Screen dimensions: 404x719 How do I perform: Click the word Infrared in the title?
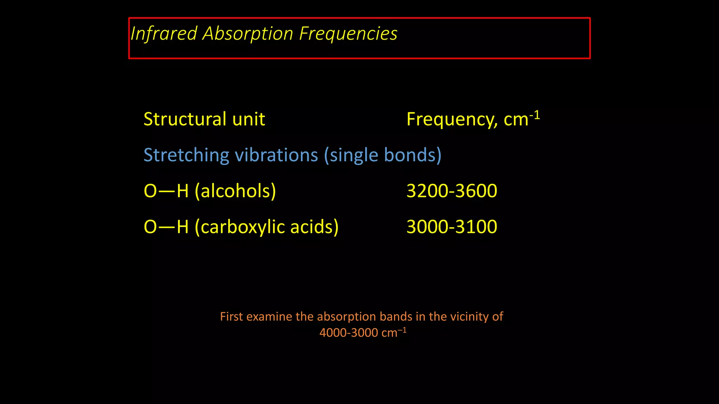point(164,34)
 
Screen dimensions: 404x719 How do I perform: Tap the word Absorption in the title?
point(248,34)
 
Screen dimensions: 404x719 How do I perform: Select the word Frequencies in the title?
point(348,34)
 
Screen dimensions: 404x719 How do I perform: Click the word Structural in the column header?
point(185,119)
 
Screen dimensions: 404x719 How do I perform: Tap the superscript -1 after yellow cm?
point(535,115)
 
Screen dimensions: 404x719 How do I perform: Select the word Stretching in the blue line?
point(186,155)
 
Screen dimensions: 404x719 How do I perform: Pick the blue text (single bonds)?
point(383,155)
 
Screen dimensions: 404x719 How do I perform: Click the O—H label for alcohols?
point(166,191)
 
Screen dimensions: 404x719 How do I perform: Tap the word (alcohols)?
point(236,191)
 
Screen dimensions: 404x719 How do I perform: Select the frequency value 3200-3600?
point(452,191)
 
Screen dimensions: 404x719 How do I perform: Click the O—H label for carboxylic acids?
point(166,227)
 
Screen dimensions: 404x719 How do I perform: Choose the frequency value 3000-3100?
point(452,227)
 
